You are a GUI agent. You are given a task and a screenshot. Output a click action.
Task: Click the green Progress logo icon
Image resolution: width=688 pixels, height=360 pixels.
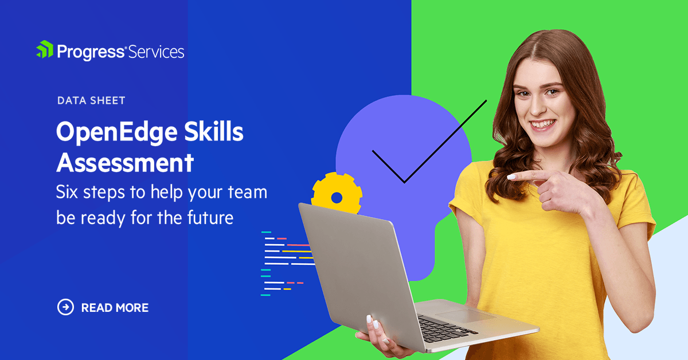(x=45, y=49)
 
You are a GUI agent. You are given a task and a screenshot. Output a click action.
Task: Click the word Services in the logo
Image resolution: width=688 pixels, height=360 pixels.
(x=156, y=52)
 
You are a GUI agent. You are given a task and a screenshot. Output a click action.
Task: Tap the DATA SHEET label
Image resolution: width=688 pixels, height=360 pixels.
(x=91, y=100)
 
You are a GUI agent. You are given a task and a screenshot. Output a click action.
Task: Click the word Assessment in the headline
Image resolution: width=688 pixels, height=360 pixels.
(x=125, y=162)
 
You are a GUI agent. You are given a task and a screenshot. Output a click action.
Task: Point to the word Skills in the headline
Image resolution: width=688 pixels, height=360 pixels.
(x=214, y=131)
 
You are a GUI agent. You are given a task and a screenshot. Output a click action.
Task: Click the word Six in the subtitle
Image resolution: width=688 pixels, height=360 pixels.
(x=67, y=192)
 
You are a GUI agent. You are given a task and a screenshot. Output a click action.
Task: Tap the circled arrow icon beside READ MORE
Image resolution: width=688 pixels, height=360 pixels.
(x=65, y=307)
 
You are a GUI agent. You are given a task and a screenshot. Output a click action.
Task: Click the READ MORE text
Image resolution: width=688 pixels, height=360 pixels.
(x=115, y=308)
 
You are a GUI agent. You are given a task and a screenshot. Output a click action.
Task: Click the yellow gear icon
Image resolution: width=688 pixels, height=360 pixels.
(x=337, y=193)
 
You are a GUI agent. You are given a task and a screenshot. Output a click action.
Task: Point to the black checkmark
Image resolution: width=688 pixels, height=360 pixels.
(x=429, y=141)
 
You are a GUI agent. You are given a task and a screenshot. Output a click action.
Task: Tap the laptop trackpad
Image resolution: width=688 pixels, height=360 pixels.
(x=466, y=315)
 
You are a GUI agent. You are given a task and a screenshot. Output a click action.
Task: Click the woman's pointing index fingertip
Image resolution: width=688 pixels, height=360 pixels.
(x=510, y=177)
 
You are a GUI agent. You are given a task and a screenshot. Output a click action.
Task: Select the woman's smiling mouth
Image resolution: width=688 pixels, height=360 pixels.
(x=544, y=124)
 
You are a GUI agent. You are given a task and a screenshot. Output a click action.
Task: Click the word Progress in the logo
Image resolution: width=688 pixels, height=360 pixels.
(x=91, y=52)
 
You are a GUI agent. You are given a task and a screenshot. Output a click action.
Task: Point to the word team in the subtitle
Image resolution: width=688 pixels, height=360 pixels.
(x=248, y=192)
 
